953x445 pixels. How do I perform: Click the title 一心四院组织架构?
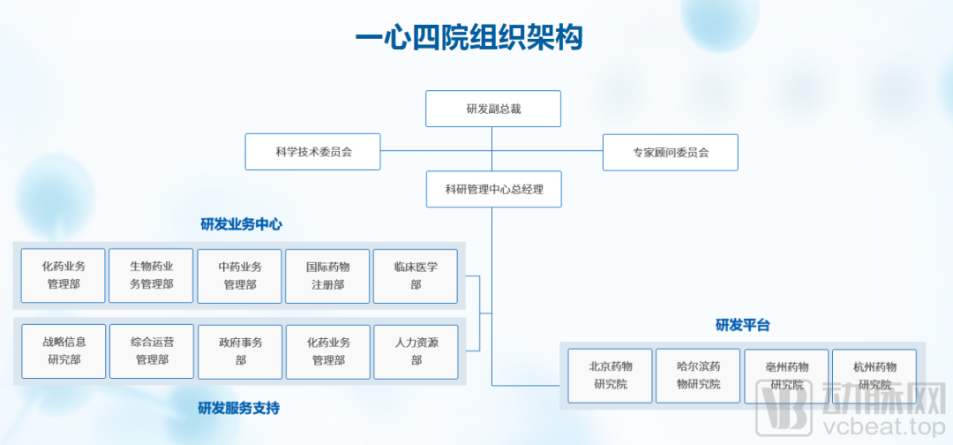pos(469,39)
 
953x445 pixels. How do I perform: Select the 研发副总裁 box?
pos(493,109)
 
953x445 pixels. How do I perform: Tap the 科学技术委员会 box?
pos(313,151)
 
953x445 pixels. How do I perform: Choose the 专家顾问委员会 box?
pos(671,152)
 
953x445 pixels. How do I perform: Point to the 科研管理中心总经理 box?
pos(493,189)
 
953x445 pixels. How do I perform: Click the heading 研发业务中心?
pos(241,224)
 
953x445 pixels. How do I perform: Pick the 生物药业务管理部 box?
pos(151,275)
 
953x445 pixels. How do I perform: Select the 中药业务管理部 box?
pos(239,276)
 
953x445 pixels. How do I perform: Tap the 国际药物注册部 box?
pos(327,276)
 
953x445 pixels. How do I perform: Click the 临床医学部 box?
pos(416,276)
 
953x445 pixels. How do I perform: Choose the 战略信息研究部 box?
pos(64,351)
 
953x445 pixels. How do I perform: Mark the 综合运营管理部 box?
pos(152,351)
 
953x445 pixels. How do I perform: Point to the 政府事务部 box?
pos(240,352)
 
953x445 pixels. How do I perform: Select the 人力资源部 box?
pos(416,352)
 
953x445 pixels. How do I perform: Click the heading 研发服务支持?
pos(239,408)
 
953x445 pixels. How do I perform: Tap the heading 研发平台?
pos(743,325)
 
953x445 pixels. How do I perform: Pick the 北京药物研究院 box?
pos(611,376)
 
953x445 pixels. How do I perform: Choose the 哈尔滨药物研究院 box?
pos(698,376)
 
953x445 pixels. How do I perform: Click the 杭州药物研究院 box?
pos(874,376)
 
